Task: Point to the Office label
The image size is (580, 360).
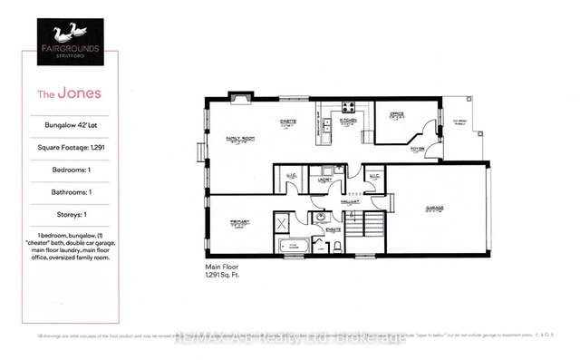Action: click(396, 114)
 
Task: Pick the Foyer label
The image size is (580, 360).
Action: click(418, 148)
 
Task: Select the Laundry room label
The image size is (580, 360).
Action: click(324, 180)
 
